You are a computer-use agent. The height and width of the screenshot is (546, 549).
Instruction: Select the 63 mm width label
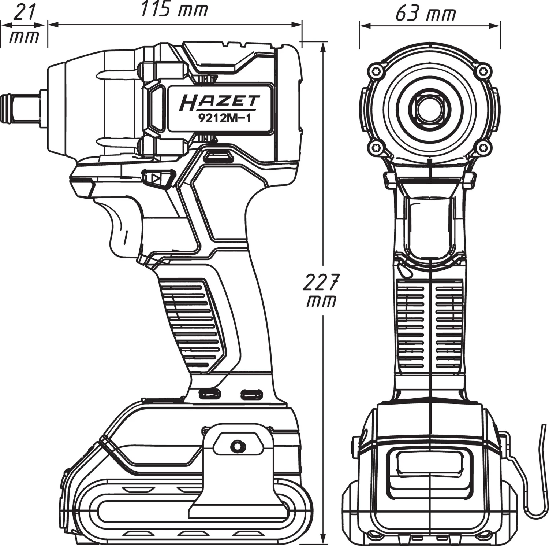coord(426,14)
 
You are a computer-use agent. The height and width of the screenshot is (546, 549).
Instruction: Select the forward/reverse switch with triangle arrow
coord(157,179)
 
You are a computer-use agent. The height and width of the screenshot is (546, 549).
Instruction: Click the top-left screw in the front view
coord(375,70)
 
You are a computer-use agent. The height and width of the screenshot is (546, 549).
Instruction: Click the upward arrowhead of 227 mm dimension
coord(323,45)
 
